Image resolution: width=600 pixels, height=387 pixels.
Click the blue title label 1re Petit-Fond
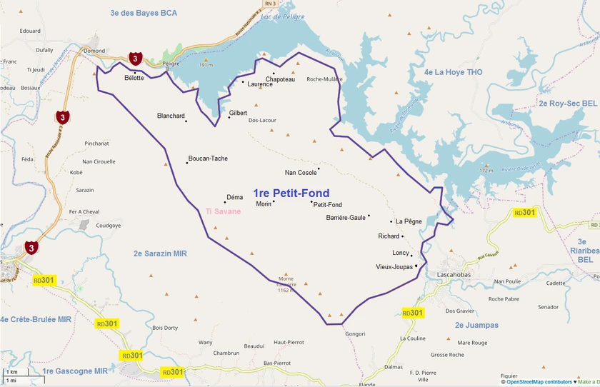[x=291, y=193]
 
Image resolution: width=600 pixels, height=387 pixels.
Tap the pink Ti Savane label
[x=223, y=211]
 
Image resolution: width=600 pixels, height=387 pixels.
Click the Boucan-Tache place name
[x=208, y=159]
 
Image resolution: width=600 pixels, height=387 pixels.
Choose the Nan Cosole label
[x=301, y=173]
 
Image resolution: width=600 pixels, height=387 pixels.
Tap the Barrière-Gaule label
[x=346, y=217]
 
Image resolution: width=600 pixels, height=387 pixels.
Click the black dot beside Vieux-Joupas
[x=416, y=266]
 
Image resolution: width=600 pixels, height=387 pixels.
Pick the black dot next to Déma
[x=225, y=202]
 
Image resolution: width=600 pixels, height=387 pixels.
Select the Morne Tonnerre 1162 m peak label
[x=286, y=284]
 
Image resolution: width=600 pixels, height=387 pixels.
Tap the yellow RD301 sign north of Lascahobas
[x=524, y=213]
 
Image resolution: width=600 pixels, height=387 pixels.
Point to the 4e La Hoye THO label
[x=453, y=72]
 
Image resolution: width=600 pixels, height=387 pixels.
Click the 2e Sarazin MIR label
[x=160, y=253]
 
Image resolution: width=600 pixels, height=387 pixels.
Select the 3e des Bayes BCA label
[x=144, y=13]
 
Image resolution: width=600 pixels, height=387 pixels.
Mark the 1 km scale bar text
[x=12, y=373]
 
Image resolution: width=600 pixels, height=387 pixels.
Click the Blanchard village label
[x=171, y=116]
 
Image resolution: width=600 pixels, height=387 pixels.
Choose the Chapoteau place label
[x=280, y=79]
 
